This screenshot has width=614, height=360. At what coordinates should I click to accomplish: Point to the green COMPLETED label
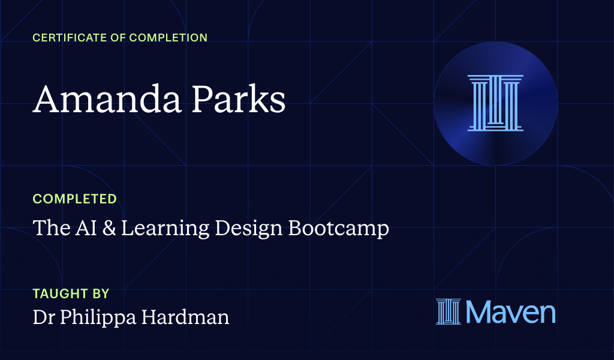[74, 199]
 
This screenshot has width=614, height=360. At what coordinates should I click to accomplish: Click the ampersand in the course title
[109, 228]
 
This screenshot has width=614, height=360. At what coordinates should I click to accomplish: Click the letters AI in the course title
[86, 228]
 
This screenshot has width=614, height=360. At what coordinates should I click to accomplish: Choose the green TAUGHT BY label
[71, 294]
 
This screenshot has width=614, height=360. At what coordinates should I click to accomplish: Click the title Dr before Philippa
[43, 317]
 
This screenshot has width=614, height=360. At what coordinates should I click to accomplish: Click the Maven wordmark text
[510, 312]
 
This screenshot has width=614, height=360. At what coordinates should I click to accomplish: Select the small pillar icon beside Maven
[447, 312]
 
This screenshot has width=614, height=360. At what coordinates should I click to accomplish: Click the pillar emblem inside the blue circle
[495, 103]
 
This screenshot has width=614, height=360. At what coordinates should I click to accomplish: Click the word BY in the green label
[100, 294]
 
